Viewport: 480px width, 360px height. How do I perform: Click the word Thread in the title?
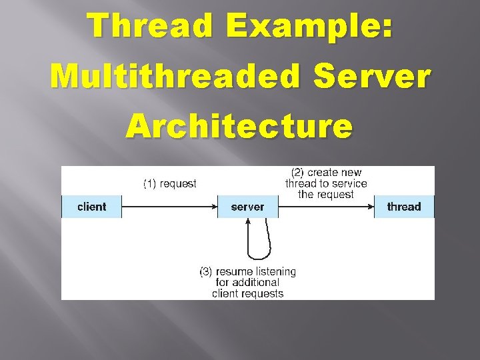[151, 27]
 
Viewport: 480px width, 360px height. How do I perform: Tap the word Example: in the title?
[310, 27]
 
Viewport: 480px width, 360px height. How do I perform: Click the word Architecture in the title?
[239, 125]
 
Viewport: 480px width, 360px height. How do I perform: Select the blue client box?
[91, 207]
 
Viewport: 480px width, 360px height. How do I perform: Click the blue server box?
[247, 207]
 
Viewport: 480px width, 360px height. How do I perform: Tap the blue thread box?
[404, 207]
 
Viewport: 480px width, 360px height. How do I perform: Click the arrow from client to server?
[169, 207]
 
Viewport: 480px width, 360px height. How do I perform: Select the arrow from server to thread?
[327, 207]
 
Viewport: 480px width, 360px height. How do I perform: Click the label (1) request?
[170, 183]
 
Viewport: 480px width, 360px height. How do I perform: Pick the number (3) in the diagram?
[206, 272]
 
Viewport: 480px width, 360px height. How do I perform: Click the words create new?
[335, 173]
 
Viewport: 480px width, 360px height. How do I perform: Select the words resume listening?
[256, 272]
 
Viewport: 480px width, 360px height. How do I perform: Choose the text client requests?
[247, 293]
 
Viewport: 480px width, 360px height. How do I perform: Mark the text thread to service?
[326, 183]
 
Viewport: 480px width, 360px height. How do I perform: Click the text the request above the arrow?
[326, 194]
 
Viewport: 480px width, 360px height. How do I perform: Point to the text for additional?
[247, 283]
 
